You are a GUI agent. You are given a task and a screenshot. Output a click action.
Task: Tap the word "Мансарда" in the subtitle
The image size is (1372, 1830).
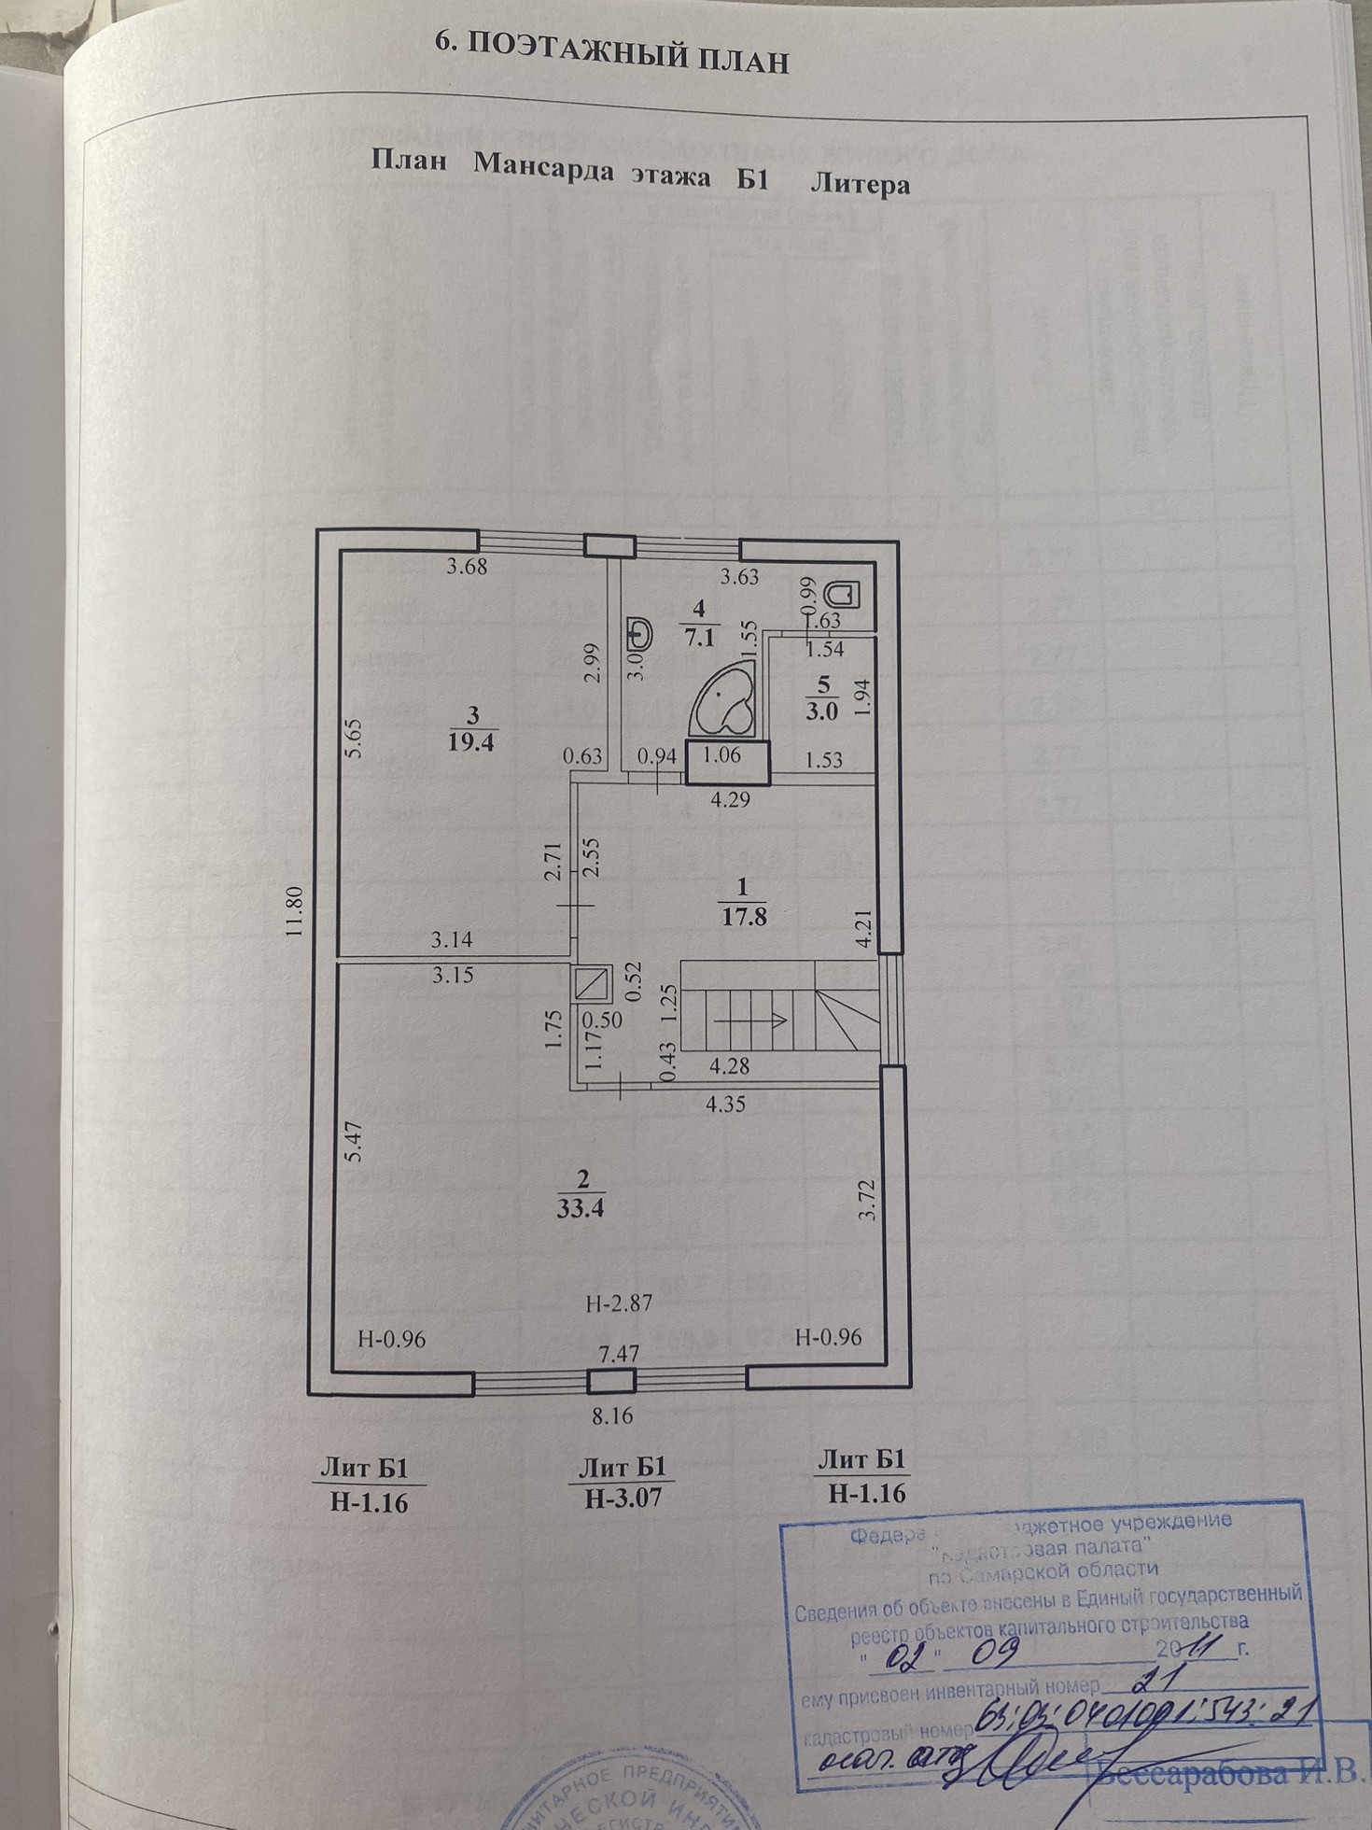tap(543, 169)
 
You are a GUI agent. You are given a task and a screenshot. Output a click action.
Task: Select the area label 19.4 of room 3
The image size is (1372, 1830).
tap(471, 743)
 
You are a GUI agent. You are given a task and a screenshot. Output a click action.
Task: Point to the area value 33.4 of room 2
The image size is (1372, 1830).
tap(581, 1208)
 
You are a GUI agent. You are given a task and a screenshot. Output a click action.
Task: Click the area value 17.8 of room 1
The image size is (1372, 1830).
tap(744, 916)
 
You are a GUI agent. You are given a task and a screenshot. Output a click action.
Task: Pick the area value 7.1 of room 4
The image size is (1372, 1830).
tap(699, 639)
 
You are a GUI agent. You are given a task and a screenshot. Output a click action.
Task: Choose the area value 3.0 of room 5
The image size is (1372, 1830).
tap(823, 710)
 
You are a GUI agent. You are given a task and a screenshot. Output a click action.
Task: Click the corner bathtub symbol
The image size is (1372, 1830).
tap(724, 703)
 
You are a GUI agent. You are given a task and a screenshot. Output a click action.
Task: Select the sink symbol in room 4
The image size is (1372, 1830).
tap(639, 632)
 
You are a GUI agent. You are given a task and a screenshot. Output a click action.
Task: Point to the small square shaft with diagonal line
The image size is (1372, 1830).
tap(594, 983)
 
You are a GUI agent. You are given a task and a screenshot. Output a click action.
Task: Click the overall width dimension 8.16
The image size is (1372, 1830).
tap(612, 1415)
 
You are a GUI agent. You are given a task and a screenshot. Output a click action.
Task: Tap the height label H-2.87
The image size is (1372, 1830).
tap(619, 1303)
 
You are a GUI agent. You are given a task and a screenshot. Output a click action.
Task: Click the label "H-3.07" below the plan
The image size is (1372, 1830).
tap(623, 1499)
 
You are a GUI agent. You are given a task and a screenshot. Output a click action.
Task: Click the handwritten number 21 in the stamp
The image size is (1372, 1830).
tap(1150, 1680)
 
